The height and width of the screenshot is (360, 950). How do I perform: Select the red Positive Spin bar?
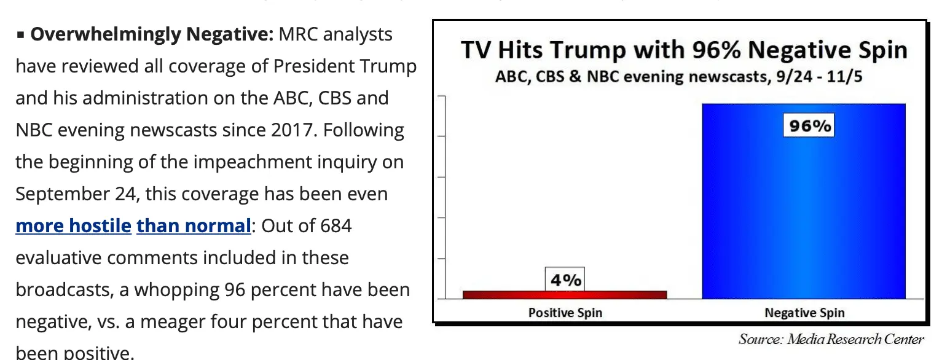point(564,295)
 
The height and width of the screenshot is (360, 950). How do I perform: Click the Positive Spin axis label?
point(565,313)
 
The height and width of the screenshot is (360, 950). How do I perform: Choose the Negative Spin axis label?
point(804,313)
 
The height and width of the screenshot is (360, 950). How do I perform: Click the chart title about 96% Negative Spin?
point(683,50)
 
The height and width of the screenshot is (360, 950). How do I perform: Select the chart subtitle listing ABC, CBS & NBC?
point(679,77)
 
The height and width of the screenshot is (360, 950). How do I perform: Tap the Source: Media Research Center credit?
point(831,339)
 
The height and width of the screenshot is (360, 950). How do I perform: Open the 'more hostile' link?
point(73,226)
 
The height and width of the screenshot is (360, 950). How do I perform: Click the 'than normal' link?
point(194,226)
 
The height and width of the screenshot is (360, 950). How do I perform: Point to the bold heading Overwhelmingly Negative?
point(151,34)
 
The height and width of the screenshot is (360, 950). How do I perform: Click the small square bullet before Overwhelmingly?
point(20,36)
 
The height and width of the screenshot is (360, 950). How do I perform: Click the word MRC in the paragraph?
point(298,34)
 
